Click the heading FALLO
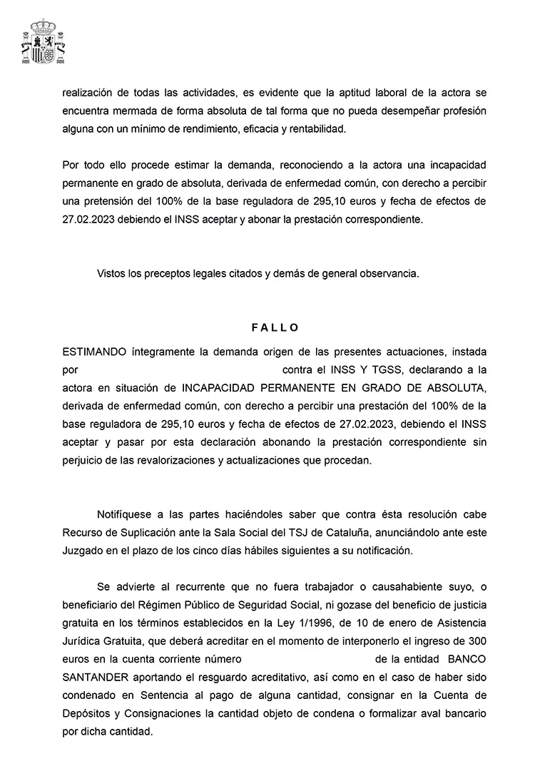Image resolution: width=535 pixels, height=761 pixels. (275, 328)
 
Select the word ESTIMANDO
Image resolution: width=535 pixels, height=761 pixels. (93, 352)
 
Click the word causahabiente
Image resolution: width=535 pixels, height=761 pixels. (415, 587)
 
